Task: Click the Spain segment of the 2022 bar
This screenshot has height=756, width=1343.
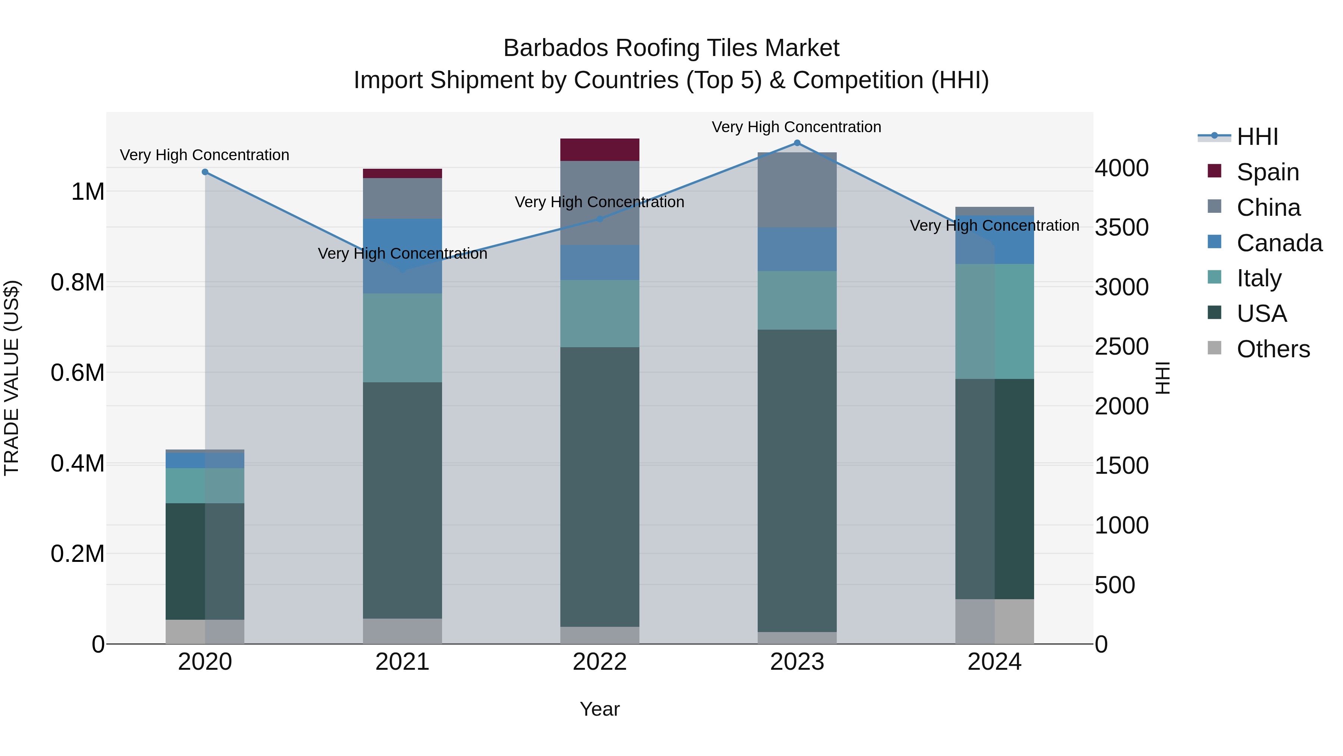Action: tap(600, 150)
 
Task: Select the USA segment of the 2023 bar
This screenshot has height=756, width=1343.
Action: tap(796, 480)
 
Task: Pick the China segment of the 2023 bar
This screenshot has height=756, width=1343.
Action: tap(796, 190)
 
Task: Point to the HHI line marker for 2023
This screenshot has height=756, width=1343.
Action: tap(796, 143)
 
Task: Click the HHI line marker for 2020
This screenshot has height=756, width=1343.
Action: tap(205, 172)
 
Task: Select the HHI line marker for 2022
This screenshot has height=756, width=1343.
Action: tap(600, 219)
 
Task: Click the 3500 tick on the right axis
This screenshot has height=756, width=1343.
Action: tap(1121, 227)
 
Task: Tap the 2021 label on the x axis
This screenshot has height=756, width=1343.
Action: tap(402, 662)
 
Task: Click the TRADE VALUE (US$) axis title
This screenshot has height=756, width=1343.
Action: tap(12, 378)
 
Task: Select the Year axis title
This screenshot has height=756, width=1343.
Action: tap(600, 709)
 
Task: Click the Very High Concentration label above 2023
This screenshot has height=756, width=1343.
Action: tap(796, 127)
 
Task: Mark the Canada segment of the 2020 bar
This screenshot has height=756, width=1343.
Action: tap(205, 460)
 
